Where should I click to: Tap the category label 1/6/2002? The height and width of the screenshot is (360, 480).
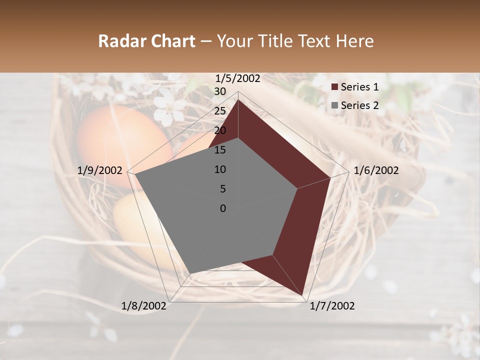[x=376, y=170]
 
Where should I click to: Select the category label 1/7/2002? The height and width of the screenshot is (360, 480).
[x=332, y=305]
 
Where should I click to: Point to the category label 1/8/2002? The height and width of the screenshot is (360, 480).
[x=144, y=305]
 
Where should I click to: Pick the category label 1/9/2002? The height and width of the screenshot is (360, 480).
[x=100, y=170]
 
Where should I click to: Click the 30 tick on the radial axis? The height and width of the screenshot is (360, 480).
[x=220, y=91]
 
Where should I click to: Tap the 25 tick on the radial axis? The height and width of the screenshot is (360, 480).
[x=220, y=111]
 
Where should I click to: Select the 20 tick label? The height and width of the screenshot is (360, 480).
[x=220, y=130]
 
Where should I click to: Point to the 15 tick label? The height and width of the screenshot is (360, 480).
[x=220, y=150]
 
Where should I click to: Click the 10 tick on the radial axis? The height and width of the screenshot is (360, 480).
[x=220, y=169]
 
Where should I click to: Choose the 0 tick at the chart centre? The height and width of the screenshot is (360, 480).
[x=223, y=208]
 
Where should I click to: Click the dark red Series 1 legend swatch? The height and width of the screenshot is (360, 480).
[x=334, y=87]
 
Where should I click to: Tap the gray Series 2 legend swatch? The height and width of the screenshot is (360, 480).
[x=334, y=105]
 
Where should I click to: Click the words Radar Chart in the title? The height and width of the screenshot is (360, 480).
[x=146, y=41]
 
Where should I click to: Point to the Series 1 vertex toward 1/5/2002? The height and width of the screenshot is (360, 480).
[x=238, y=99]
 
